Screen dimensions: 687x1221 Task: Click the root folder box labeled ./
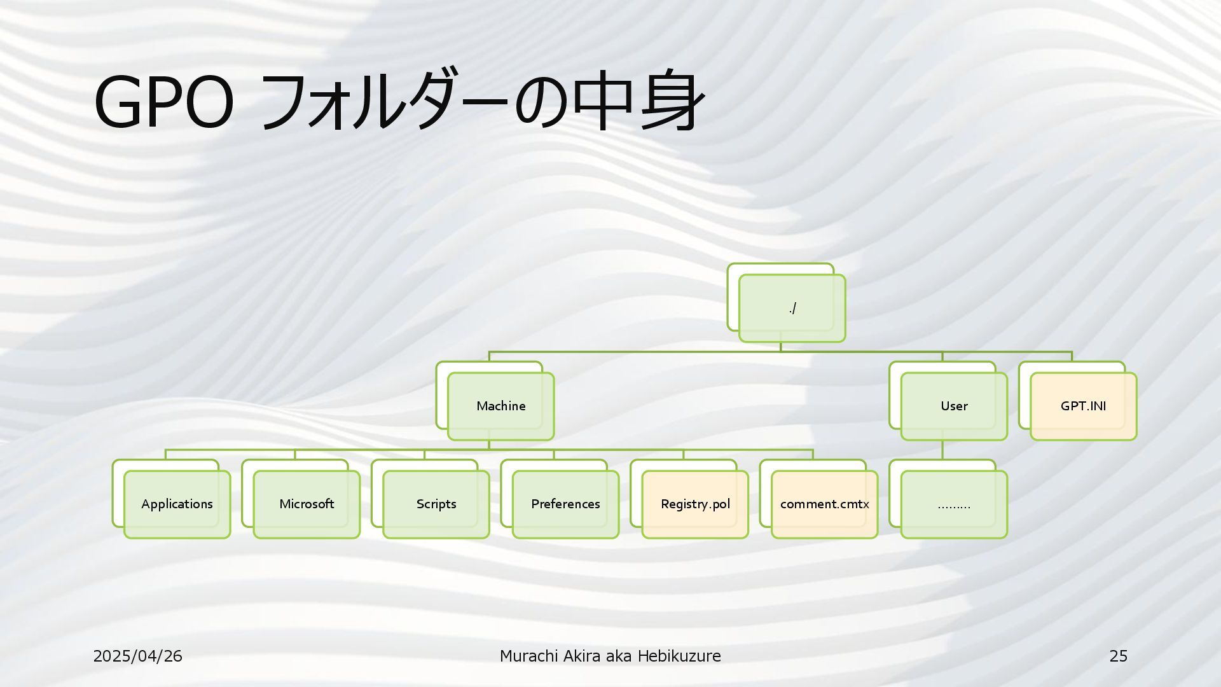(792, 309)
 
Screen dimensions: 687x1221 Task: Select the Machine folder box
(500, 406)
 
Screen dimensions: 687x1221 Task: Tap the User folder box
(954, 406)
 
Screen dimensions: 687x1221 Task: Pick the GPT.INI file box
(1083, 406)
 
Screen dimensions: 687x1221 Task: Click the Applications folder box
(177, 504)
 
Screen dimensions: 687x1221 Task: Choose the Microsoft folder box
(307, 504)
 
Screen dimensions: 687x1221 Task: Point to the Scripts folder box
(436, 504)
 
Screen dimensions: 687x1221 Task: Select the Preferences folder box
(565, 504)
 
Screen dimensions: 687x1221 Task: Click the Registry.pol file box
(695, 504)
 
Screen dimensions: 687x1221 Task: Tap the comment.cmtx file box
(824, 504)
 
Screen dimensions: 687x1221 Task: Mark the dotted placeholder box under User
(954, 504)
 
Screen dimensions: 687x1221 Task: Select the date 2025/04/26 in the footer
(137, 656)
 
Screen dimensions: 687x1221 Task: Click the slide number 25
(1118, 656)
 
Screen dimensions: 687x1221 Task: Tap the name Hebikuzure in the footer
(679, 656)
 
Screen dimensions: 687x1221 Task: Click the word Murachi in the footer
(528, 656)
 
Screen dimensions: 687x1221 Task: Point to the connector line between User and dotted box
(942, 450)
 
